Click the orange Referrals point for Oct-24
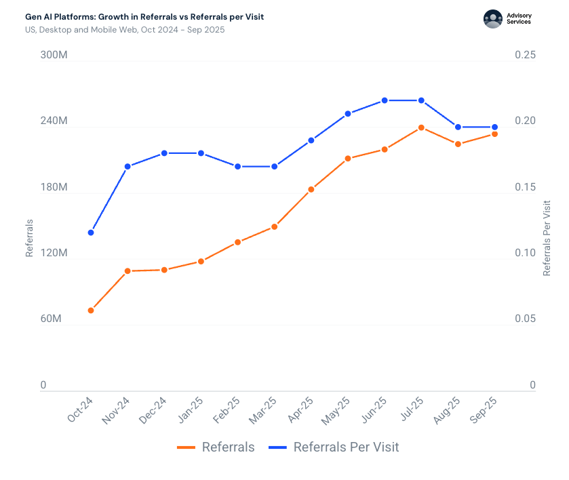point(91,311)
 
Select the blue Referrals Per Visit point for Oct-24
point(91,233)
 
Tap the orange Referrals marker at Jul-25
point(421,127)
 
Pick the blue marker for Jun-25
point(385,100)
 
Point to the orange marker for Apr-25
point(311,189)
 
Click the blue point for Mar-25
point(275,166)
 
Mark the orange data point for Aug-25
point(458,144)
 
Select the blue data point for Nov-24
point(127,166)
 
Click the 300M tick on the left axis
point(54,55)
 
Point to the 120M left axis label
point(54,253)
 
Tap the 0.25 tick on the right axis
point(523,55)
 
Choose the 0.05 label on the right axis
point(523,319)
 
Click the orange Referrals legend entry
point(216,447)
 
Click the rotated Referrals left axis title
point(30,237)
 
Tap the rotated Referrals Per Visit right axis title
point(547,237)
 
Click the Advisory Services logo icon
point(493,19)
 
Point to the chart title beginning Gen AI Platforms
point(144,16)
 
